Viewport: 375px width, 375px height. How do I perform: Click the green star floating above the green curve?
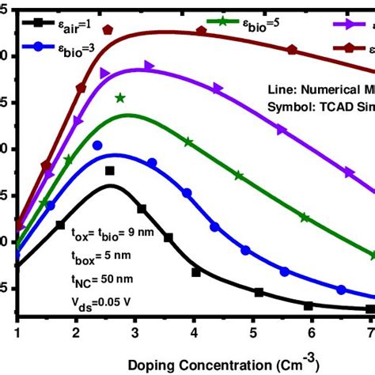[x=120, y=98]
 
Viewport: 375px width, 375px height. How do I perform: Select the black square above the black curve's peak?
[x=110, y=171]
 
